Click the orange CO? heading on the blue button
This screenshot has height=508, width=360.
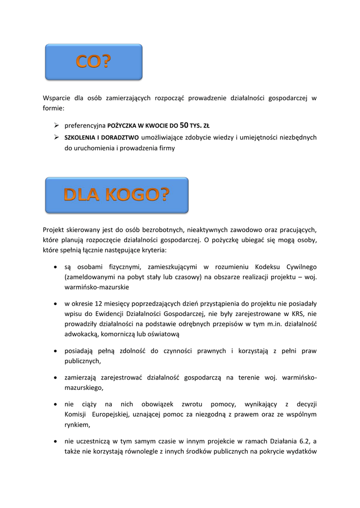[x=94, y=62]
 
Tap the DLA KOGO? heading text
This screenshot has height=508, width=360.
[x=117, y=195]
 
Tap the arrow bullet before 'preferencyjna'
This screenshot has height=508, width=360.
[x=57, y=126]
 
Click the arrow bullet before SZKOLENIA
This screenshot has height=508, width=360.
[x=57, y=137]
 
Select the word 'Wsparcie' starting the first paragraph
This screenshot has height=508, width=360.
[x=56, y=98]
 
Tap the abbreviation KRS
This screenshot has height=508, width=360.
[x=293, y=314]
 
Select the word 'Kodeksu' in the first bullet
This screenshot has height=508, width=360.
[x=266, y=267]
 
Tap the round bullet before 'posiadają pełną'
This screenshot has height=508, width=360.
[x=55, y=352]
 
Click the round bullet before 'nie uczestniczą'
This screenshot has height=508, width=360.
[x=55, y=441]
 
